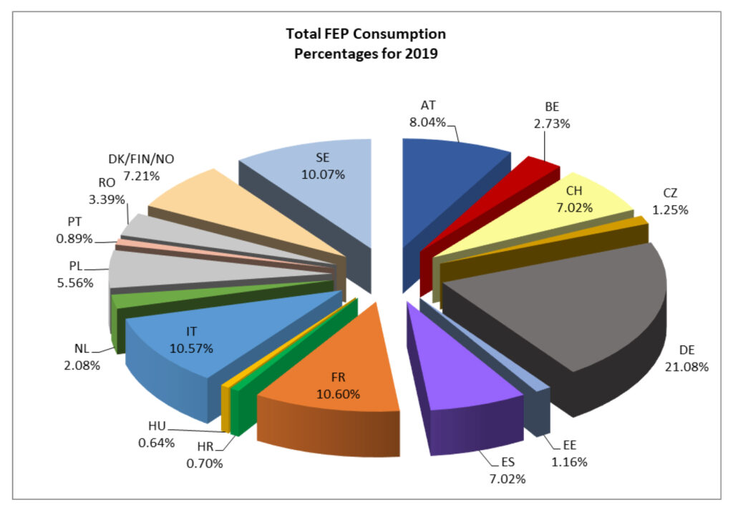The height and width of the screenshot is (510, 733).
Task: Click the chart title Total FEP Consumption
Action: click(x=366, y=34)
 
